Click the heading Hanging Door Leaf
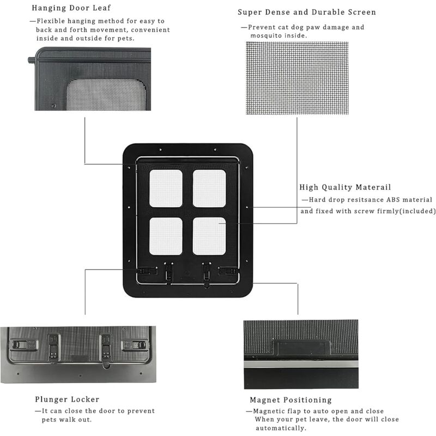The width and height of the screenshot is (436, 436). [71, 8]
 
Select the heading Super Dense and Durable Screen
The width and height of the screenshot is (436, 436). [307, 12]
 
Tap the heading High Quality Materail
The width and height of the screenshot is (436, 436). [345, 187]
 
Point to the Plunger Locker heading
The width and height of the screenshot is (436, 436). [67, 399]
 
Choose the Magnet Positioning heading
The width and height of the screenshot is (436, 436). [291, 400]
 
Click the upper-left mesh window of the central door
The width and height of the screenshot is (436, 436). [166, 189]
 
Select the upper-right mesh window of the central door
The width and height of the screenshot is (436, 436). [209, 189]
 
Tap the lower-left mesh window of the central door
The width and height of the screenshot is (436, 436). [166, 237]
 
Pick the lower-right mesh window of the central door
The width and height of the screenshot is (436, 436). [209, 237]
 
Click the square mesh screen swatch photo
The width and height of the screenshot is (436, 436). [297, 78]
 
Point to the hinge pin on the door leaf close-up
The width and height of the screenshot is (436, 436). [32, 60]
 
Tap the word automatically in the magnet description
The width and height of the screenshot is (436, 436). [281, 428]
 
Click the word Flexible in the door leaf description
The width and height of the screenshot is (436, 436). [51, 21]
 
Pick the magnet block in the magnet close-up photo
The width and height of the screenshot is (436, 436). [302, 347]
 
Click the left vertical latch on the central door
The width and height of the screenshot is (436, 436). [169, 271]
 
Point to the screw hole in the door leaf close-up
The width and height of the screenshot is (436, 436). [53, 106]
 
